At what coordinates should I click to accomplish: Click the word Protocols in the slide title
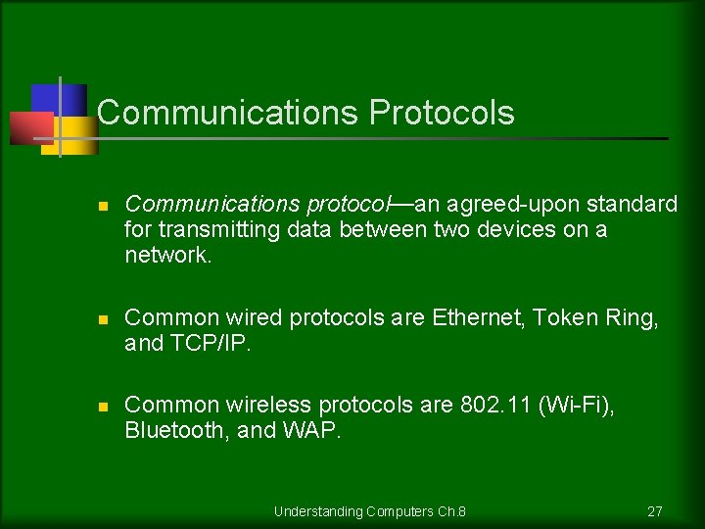coord(442,113)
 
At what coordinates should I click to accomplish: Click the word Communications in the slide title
coord(229,113)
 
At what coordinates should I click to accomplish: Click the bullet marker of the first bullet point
coord(103,206)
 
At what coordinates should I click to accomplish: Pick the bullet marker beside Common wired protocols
coord(103,319)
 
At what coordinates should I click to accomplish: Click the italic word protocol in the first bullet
coord(348,204)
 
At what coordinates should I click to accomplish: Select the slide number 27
coord(655,511)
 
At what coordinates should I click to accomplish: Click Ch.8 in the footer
coord(451,511)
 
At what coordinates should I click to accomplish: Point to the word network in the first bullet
coord(163,255)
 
